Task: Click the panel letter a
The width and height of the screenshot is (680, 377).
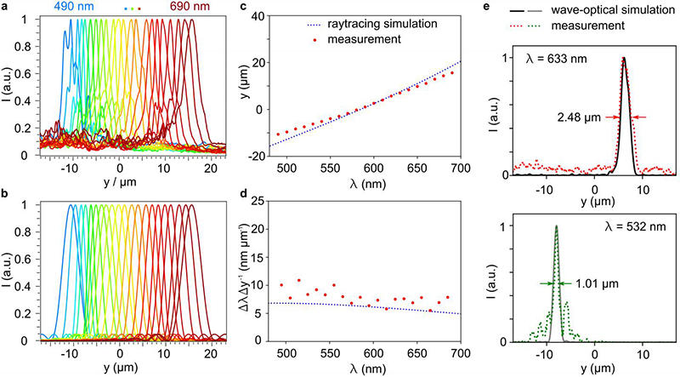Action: (5, 7)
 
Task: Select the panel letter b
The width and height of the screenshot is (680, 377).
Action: (5, 195)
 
